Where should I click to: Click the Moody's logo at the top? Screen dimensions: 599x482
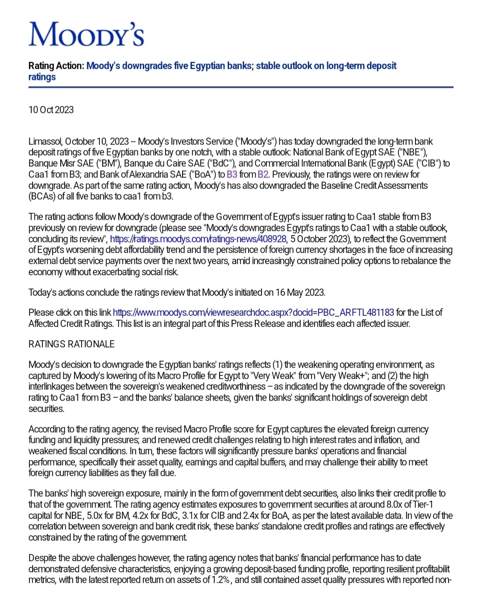coord(86,35)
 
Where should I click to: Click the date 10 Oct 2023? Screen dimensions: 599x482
coord(51,110)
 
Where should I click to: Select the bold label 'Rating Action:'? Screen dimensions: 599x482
coord(56,66)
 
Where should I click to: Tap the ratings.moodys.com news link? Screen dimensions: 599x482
coord(198,239)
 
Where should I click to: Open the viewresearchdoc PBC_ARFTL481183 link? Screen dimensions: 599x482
coord(253,312)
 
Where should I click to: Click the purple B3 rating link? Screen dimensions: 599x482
coord(232,174)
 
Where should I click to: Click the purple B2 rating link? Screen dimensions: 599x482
coord(263,174)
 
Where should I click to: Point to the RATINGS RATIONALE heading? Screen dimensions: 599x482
coord(71,344)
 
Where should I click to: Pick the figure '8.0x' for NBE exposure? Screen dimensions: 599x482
coord(398,504)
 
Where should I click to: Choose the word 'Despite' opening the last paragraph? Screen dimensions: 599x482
coord(43,558)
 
